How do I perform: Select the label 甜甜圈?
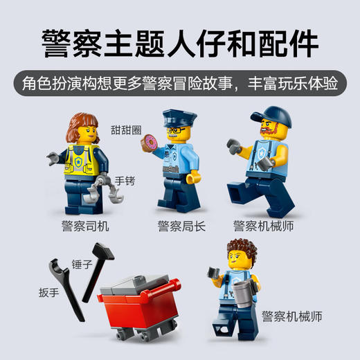pos(125,129)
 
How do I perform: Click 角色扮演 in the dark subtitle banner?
pos(55,83)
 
